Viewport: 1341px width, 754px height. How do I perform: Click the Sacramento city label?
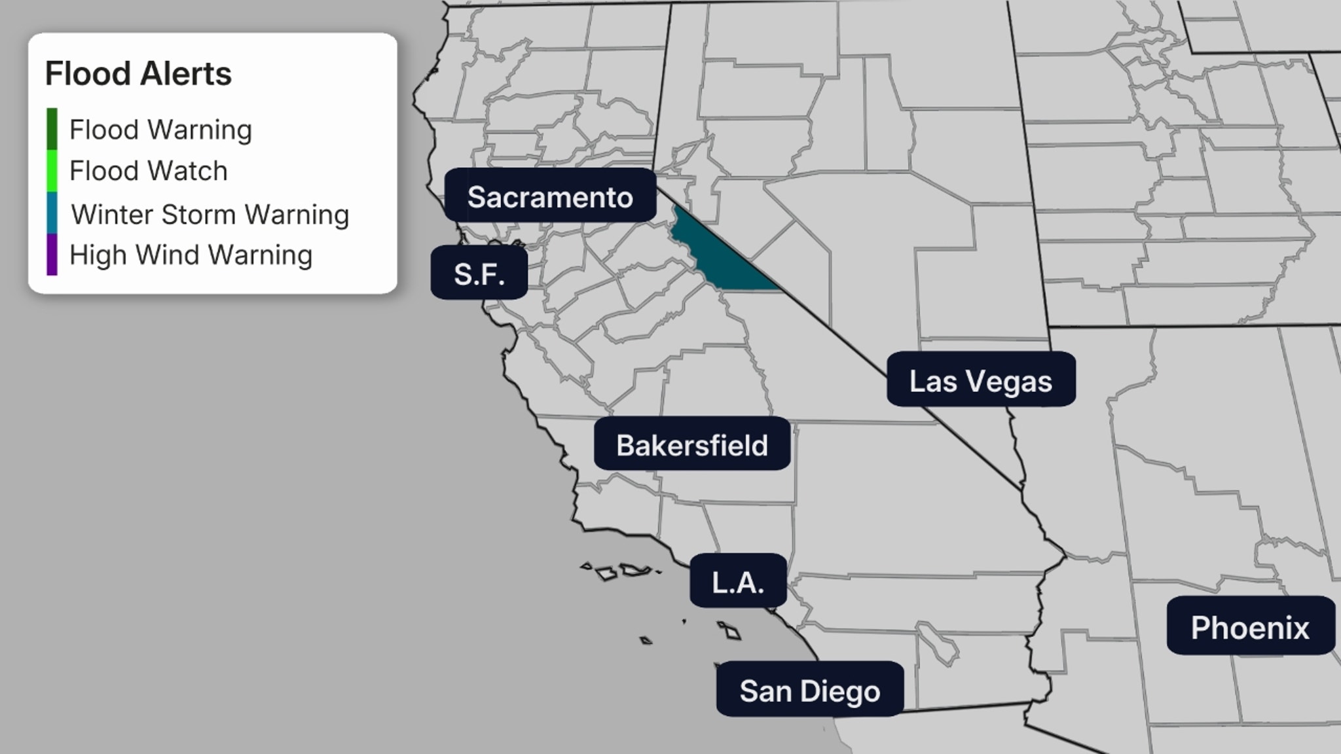pos(550,196)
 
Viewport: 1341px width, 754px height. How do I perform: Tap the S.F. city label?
pos(479,274)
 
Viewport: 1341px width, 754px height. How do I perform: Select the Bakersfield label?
pos(692,445)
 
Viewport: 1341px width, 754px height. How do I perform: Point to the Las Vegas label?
pos(980,381)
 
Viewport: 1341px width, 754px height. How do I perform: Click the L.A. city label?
pos(738,582)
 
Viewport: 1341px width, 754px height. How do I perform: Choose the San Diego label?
pos(810,691)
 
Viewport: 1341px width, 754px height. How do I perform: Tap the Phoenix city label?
pos(1250,627)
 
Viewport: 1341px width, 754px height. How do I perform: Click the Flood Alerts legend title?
pos(138,73)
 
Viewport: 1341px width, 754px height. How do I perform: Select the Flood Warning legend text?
pos(160,130)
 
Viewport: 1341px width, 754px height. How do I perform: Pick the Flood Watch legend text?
pos(149,171)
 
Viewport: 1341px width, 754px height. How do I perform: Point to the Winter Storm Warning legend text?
pos(210,214)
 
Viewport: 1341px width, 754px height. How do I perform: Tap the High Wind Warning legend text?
pos(191,255)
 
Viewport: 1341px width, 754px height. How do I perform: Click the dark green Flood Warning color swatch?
pos(52,129)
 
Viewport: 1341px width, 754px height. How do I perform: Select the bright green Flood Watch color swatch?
pos(52,171)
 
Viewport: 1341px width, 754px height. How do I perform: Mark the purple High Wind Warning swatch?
pos(52,255)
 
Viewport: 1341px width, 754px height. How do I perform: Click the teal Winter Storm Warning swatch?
pos(52,213)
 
